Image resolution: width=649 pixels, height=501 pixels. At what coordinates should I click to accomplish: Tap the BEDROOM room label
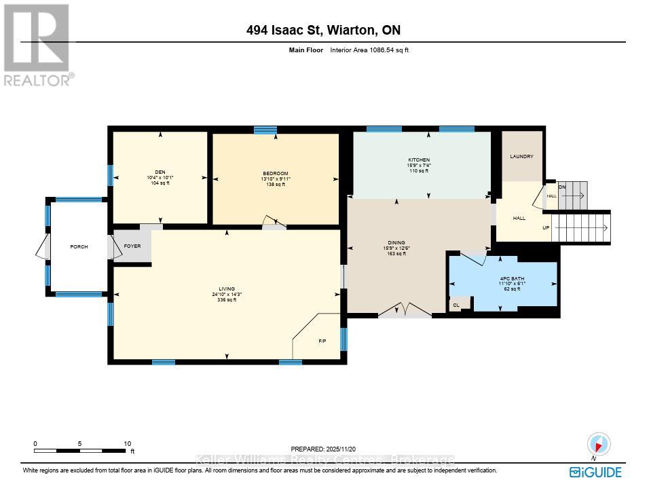[x=276, y=173]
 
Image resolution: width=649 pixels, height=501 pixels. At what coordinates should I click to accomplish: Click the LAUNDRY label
[x=521, y=157]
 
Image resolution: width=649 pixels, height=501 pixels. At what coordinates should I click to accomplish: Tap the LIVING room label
[x=227, y=289]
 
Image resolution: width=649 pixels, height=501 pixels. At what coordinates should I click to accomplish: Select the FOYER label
[x=132, y=246]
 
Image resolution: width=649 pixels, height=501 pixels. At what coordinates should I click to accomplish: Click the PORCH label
[x=79, y=246]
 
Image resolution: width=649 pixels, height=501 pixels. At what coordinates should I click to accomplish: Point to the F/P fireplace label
[x=322, y=341]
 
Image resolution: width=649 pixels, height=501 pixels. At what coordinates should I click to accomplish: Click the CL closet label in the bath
[x=456, y=305]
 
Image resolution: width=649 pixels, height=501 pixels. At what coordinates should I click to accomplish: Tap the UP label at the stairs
[x=546, y=227]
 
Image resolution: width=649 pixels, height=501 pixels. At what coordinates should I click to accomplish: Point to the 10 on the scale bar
[x=128, y=443]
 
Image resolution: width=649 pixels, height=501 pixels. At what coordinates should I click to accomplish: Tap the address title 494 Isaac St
[x=323, y=30]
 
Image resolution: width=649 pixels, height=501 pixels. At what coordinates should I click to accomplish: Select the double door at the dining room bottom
[x=405, y=312]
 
